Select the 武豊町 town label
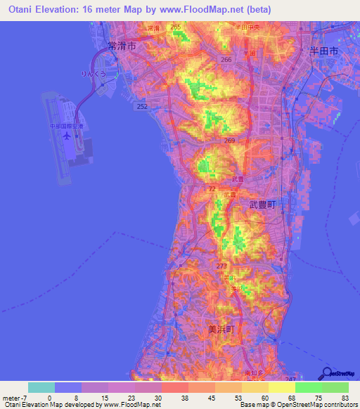tap(264, 204)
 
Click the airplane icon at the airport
tap(66, 136)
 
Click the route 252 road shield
tap(142, 106)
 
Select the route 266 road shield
tap(226, 60)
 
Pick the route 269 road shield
tap(229, 141)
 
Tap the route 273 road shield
tap(221, 266)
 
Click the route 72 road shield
tap(212, 190)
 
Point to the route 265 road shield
tap(175, 27)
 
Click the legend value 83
tap(345, 397)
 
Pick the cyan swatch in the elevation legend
tap(41, 387)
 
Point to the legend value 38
tap(167, 397)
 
